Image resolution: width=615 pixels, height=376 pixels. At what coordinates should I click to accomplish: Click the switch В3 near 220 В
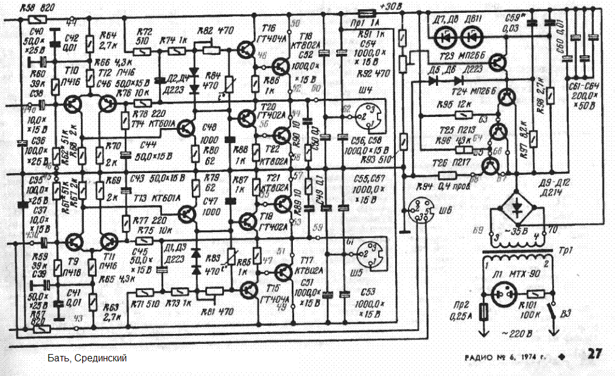pyautogui.click(x=552, y=314)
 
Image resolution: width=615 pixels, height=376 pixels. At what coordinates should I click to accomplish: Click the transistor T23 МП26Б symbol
pyautogui.click(x=499, y=63)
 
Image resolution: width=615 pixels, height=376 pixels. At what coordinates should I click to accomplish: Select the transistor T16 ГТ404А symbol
pyautogui.click(x=247, y=48)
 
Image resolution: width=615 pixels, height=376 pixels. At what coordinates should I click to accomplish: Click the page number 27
pyautogui.click(x=594, y=354)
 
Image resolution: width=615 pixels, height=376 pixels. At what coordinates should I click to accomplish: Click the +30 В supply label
pyautogui.click(x=391, y=7)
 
